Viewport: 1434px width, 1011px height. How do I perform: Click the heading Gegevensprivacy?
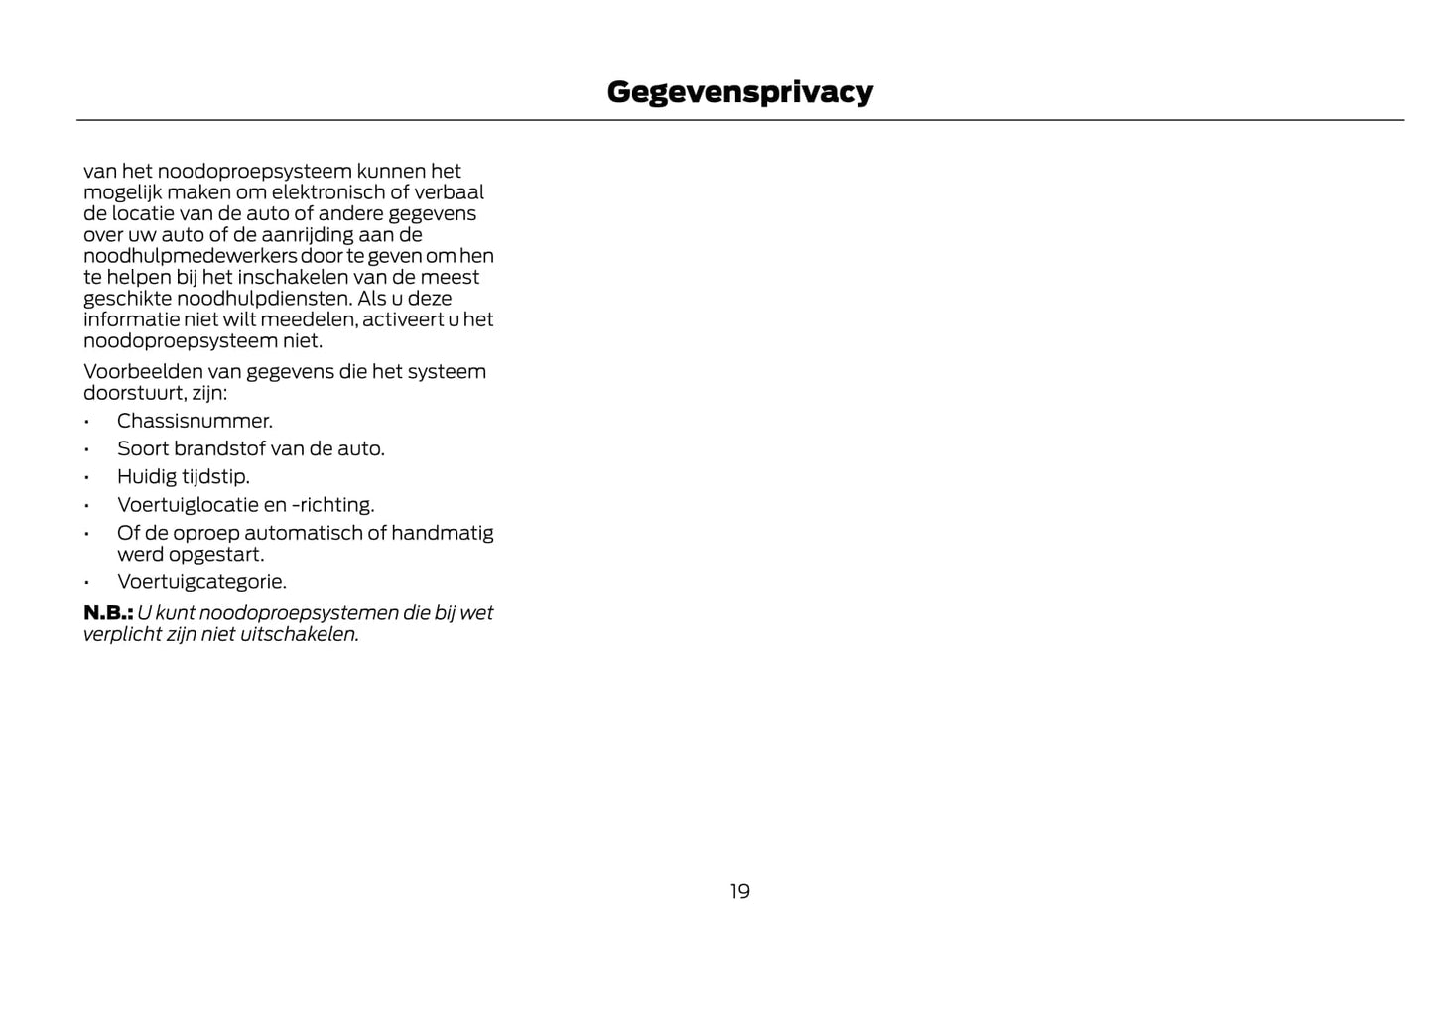click(x=739, y=91)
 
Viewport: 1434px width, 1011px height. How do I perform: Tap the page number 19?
click(x=739, y=891)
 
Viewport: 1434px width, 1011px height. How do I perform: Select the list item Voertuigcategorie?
click(x=200, y=582)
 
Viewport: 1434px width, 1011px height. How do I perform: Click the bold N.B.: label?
click(x=108, y=613)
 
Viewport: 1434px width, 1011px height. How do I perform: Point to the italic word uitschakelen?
click(x=299, y=634)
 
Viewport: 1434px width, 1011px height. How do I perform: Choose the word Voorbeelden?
click(x=143, y=372)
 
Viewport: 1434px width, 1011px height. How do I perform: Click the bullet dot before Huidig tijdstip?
click(x=87, y=477)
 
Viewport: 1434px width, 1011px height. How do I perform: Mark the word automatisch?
click(x=304, y=533)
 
